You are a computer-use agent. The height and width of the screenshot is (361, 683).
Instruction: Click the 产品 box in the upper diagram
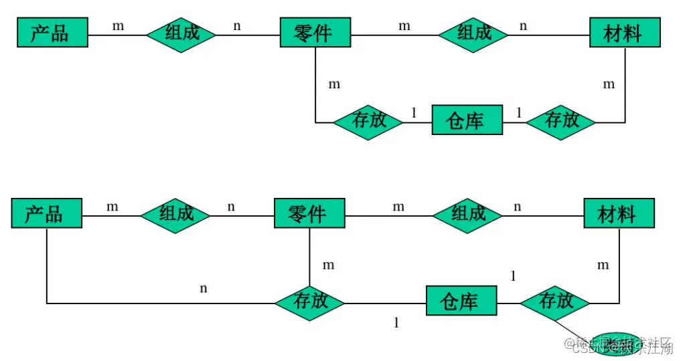click(52, 32)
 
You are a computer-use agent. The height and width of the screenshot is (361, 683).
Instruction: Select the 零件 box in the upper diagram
click(315, 32)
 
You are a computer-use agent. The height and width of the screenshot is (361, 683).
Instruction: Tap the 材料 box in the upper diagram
click(624, 32)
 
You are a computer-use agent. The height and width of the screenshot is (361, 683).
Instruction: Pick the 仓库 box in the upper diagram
click(467, 121)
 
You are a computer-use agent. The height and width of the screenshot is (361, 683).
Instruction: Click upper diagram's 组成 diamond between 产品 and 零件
click(181, 32)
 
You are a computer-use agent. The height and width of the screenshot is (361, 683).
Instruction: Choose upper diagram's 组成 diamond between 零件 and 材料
click(474, 32)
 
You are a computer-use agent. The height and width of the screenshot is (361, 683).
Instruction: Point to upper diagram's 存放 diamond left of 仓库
click(368, 121)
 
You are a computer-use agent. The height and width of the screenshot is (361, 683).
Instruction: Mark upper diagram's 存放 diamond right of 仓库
click(561, 121)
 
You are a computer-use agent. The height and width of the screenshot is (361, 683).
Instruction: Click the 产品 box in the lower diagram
click(46, 213)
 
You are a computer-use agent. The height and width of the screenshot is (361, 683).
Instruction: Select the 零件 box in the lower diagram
click(309, 213)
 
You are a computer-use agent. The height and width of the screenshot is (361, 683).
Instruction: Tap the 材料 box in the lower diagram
click(619, 213)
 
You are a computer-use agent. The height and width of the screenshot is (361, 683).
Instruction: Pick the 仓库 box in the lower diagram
click(461, 301)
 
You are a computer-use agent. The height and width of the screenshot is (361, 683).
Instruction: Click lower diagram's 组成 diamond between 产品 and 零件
click(175, 213)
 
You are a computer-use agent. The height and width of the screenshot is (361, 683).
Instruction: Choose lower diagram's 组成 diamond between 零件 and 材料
click(468, 213)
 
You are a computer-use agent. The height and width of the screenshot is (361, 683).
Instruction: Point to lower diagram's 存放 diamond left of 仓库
click(310, 302)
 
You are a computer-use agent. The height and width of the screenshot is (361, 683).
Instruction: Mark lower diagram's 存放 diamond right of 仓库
click(555, 302)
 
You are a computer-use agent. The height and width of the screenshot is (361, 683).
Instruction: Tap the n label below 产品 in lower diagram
click(204, 289)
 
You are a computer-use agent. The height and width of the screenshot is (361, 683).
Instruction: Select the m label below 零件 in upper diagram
click(333, 84)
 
